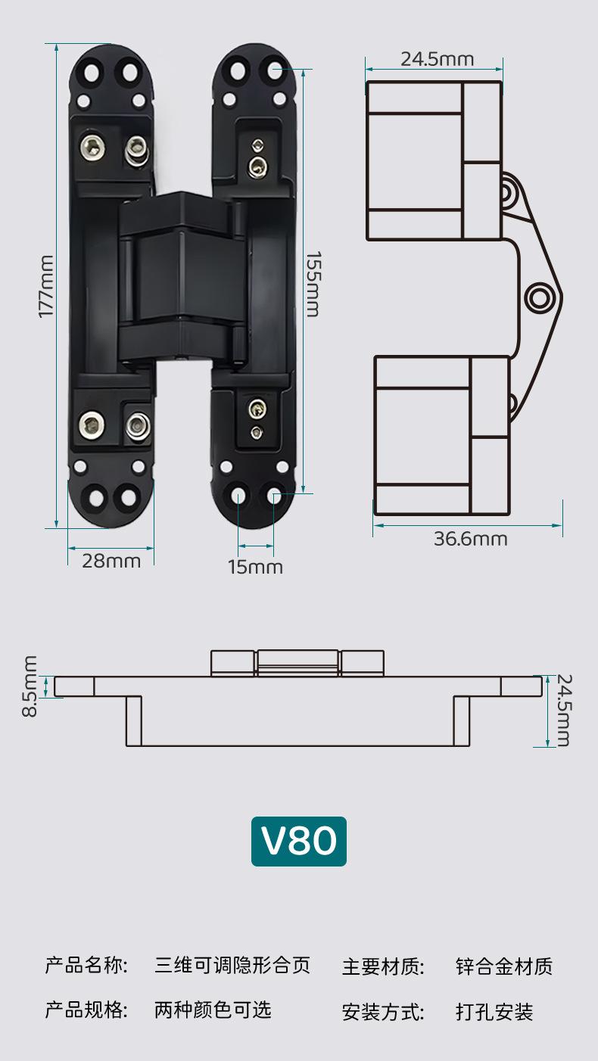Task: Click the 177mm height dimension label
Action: (46, 285)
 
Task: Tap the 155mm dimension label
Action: (313, 284)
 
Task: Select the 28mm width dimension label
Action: (111, 561)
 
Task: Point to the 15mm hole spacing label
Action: (256, 567)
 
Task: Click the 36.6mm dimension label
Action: (470, 539)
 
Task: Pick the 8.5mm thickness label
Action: (29, 686)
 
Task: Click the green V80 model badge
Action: (299, 841)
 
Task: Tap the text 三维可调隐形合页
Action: (232, 965)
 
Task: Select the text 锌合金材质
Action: (504, 966)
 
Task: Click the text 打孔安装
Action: (494, 1012)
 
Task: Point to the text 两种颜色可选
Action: (213, 1010)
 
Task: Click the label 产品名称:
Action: (86, 965)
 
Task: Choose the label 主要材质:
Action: (383, 966)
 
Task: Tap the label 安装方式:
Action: (383, 1012)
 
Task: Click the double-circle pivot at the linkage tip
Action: (539, 297)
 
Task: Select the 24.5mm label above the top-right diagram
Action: (437, 59)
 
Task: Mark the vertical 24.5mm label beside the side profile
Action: (562, 710)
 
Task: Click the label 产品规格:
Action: (86, 1010)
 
